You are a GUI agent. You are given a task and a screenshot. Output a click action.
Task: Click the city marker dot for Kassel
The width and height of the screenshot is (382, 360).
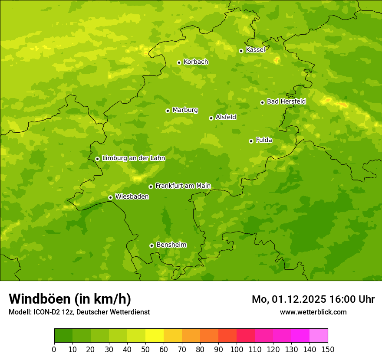point(241,51)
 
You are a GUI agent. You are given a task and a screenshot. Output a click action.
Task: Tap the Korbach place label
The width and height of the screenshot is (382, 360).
point(196,62)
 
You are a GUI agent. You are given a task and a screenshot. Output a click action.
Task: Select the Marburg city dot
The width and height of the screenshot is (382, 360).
point(168,111)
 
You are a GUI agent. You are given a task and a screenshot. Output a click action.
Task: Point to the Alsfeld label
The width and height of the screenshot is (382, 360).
point(226,117)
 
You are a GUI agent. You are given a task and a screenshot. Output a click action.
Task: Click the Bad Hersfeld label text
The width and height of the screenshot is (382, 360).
point(286,101)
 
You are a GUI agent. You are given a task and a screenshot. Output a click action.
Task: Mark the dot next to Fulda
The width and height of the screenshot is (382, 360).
point(251,141)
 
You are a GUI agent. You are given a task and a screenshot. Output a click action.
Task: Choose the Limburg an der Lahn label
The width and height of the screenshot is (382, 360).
point(133,158)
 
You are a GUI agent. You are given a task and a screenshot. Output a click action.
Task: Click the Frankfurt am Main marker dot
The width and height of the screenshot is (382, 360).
point(151,187)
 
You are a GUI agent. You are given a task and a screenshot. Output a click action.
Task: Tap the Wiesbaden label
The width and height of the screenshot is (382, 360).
point(132,197)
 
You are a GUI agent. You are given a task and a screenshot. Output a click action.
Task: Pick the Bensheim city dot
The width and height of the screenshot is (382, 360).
point(151,245)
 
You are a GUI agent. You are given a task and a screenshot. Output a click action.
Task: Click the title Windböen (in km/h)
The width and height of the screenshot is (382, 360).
point(70,299)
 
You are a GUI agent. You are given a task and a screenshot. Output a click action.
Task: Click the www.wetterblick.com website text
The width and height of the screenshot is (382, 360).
point(313,312)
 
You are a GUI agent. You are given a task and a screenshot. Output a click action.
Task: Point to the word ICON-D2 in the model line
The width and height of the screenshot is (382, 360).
point(47,312)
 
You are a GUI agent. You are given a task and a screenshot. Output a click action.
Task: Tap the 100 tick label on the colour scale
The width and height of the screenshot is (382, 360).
point(237,349)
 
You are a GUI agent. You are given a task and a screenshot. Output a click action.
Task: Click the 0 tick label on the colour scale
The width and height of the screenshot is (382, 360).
point(54,349)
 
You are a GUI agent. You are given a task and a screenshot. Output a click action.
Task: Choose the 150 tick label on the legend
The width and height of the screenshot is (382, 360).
point(328,349)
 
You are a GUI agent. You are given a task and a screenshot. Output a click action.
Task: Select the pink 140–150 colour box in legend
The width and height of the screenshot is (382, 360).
point(319,336)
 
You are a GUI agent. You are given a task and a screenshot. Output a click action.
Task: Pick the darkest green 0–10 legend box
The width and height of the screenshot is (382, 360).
point(63,336)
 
